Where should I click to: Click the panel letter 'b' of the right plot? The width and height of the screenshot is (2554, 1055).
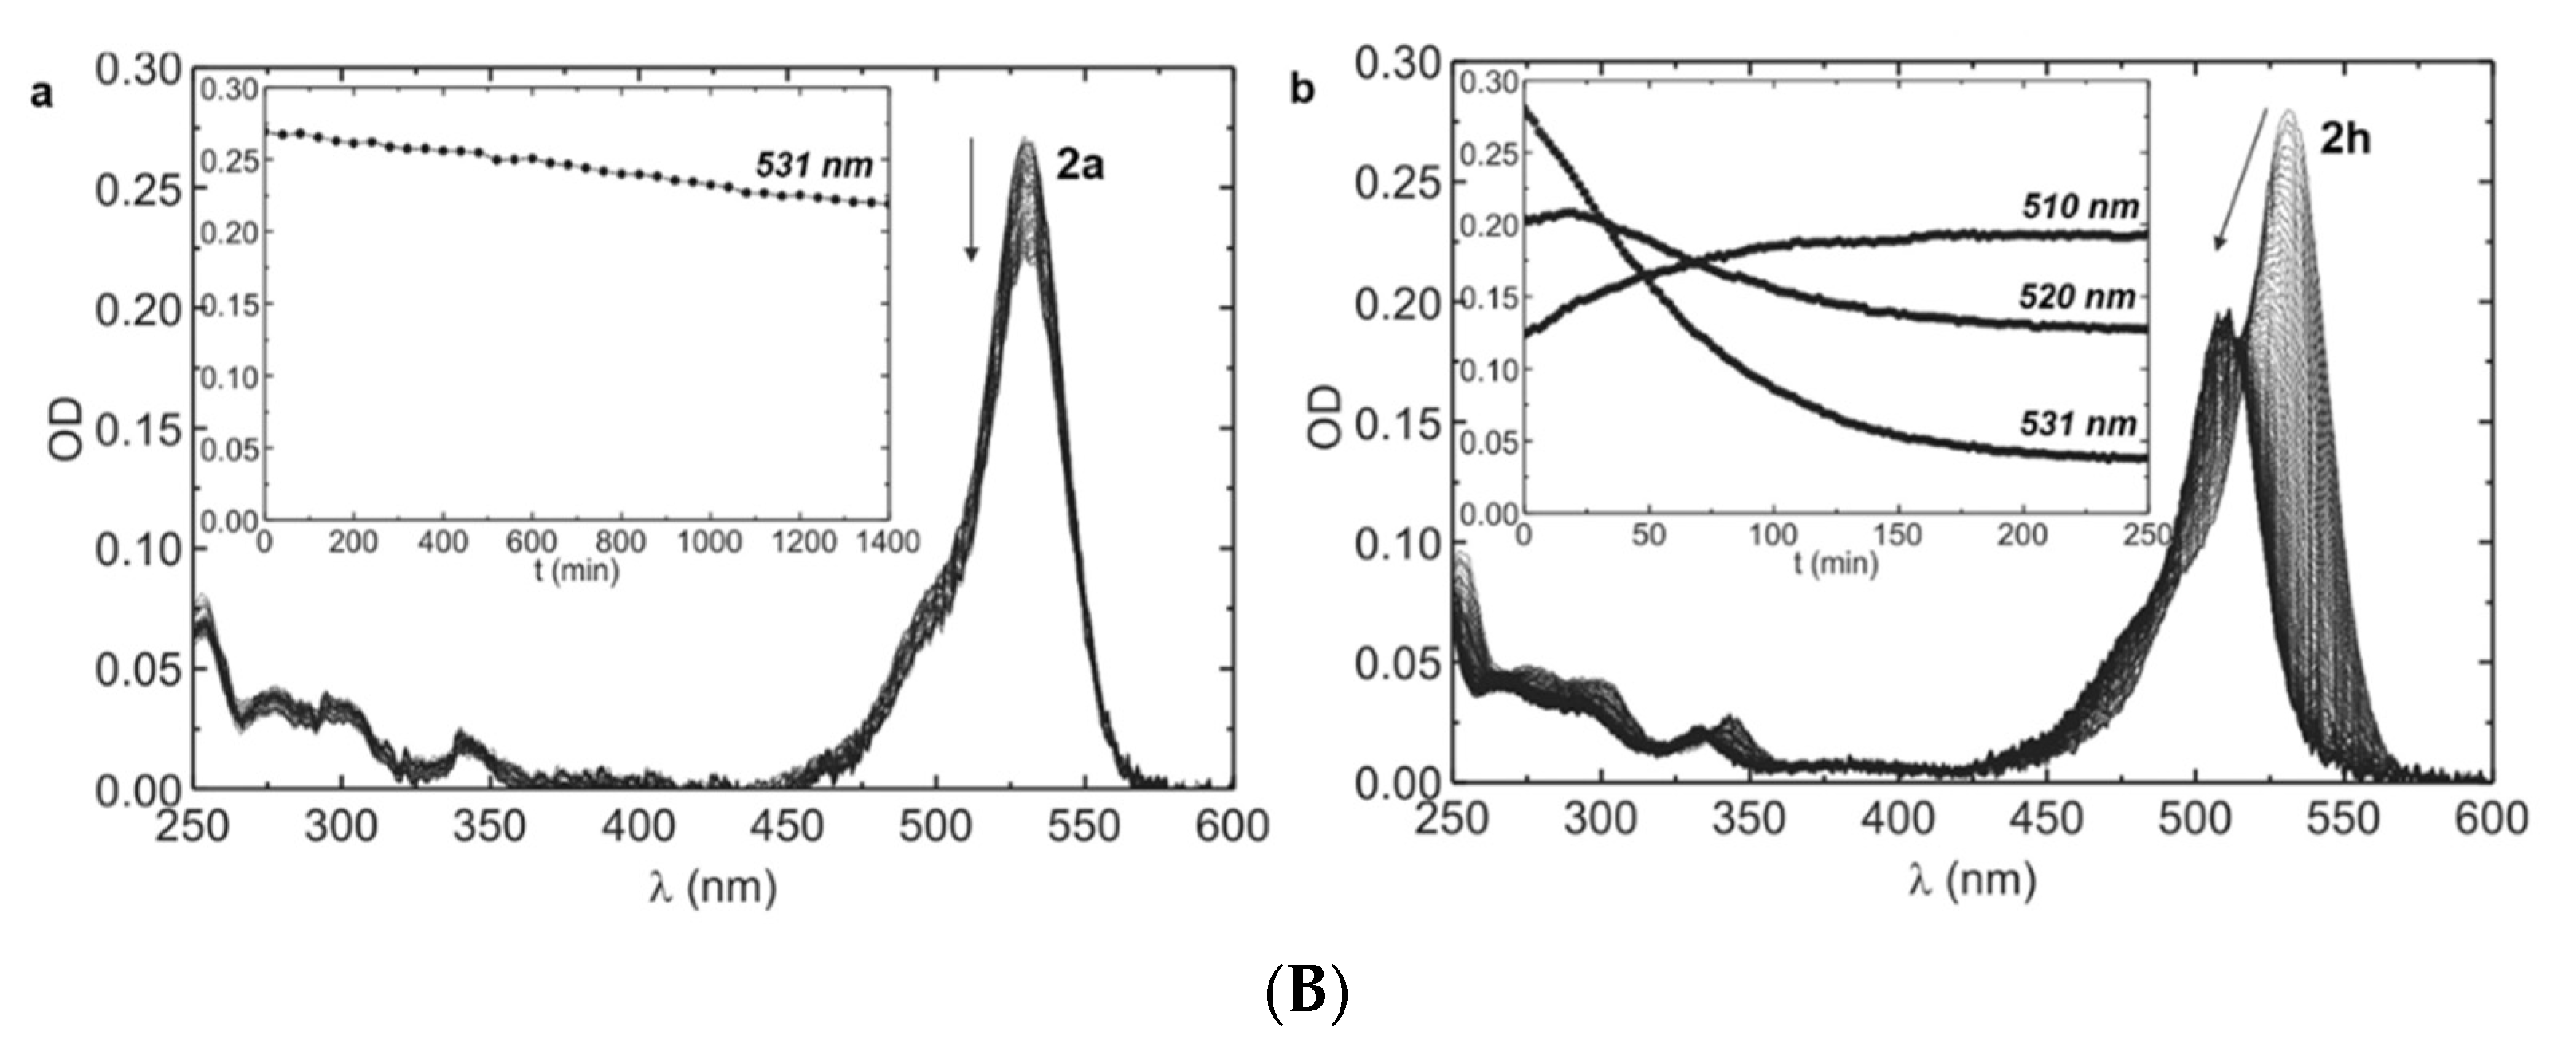[1302, 90]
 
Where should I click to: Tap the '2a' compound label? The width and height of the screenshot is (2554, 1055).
[1080, 166]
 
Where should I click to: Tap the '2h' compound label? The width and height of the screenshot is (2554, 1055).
[2345, 140]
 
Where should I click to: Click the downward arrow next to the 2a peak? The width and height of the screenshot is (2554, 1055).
[972, 199]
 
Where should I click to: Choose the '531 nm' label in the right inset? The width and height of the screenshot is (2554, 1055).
[2078, 424]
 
